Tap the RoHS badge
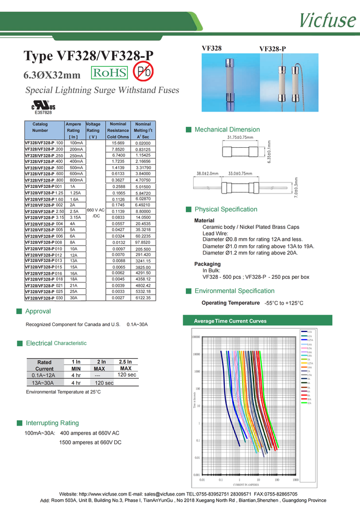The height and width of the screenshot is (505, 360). click(110, 73)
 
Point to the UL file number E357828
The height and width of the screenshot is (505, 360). click(43, 113)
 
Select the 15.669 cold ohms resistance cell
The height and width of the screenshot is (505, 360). click(118, 143)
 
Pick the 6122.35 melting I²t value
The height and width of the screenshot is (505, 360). click(143, 298)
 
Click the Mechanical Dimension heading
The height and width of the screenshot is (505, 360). click(227, 129)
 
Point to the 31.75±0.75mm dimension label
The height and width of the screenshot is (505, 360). click(240, 137)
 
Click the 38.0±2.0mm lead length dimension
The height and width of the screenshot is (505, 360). click(207, 173)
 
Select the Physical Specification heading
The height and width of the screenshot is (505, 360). click(226, 209)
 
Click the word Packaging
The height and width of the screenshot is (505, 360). click(207, 264)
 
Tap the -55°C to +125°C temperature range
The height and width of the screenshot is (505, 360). click(284, 304)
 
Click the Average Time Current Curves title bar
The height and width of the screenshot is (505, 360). click(230, 321)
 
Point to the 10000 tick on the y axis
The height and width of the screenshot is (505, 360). click(196, 355)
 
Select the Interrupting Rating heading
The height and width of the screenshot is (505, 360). click(52, 423)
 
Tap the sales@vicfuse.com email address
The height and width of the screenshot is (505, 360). click(164, 494)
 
